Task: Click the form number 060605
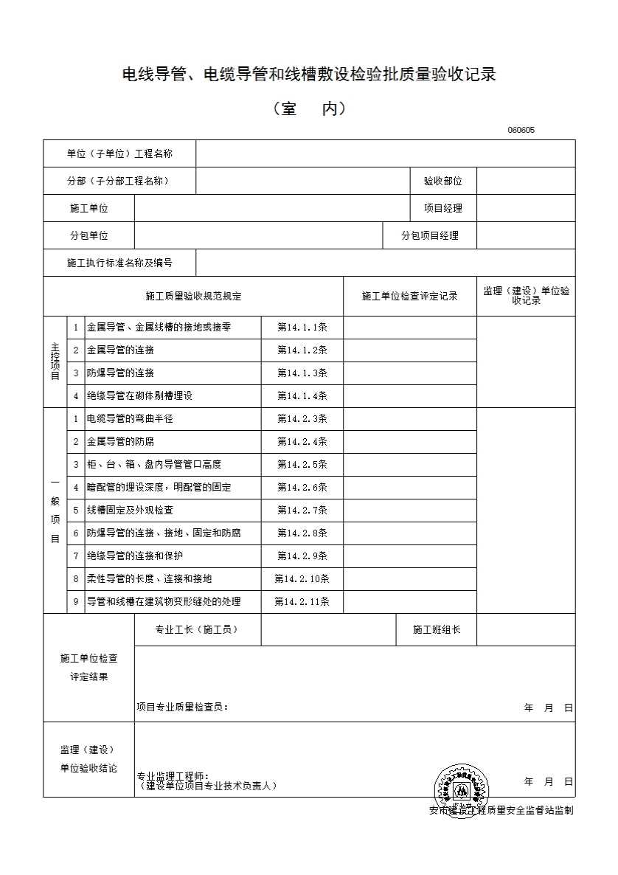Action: click(x=521, y=131)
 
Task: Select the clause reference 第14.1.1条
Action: click(x=302, y=327)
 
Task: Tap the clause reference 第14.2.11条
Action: click(x=302, y=601)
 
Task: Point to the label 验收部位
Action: click(x=442, y=181)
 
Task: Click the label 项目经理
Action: click(x=442, y=208)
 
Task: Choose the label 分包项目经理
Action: click(x=429, y=235)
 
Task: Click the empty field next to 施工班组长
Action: click(x=526, y=629)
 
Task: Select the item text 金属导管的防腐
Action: click(x=120, y=441)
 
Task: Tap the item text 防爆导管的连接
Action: click(x=120, y=373)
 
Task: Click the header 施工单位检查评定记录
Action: click(x=409, y=296)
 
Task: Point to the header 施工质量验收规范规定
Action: click(x=193, y=296)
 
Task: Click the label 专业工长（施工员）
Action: click(x=197, y=629)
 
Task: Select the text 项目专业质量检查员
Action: click(x=182, y=707)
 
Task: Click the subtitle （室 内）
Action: click(x=309, y=108)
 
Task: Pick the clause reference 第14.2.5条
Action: click(x=302, y=464)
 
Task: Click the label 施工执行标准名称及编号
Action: click(x=119, y=263)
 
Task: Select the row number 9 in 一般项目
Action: click(x=75, y=601)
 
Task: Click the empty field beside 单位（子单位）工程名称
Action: click(x=385, y=153)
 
